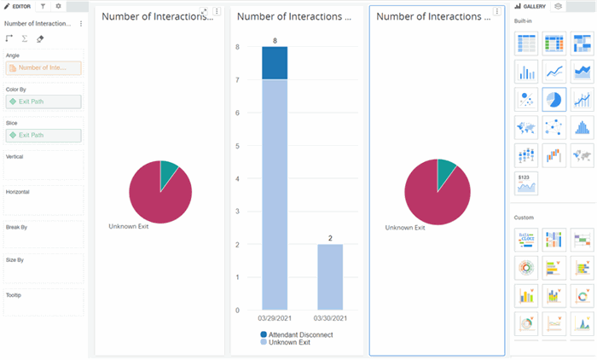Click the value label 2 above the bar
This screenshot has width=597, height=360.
tap(330, 237)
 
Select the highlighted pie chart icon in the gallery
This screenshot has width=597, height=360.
tap(554, 100)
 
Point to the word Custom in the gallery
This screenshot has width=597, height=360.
tap(523, 218)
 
